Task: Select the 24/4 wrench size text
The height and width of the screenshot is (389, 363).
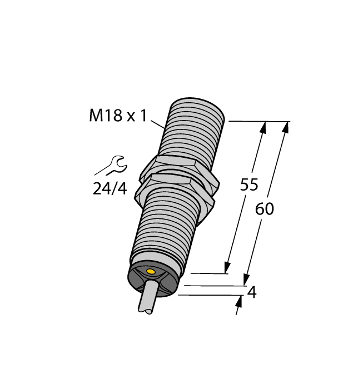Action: pos(110,189)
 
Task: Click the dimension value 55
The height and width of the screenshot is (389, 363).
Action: pos(249,185)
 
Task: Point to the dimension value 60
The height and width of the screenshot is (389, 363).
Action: pos(265,210)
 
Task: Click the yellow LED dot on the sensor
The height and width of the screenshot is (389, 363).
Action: pos(150,271)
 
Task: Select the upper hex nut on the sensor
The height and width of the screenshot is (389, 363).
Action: pos(177,166)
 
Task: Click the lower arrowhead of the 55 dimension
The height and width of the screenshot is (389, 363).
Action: pos(227,267)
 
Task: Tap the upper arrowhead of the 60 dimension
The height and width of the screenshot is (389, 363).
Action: pos(286,127)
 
